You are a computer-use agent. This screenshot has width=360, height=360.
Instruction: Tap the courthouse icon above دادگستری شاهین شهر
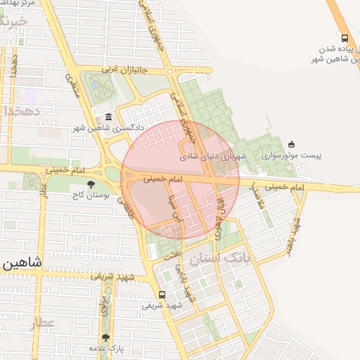click(x=108, y=117)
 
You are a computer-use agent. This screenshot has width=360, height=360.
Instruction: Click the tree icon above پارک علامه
click(x=105, y=337)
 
